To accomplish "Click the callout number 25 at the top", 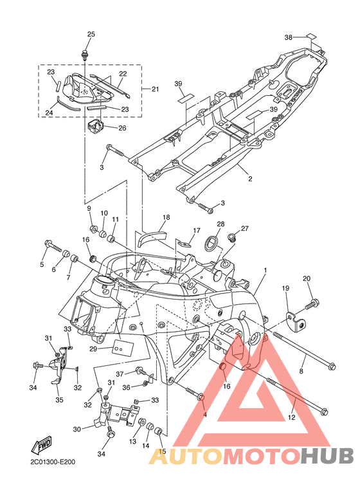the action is [x=91, y=34].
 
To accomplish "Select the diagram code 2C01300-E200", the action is [x=53, y=462].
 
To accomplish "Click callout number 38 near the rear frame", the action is [x=288, y=37].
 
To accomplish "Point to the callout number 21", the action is [x=155, y=89].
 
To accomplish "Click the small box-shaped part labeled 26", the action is [x=95, y=125].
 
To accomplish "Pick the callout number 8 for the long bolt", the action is [x=301, y=370].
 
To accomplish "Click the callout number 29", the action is [x=93, y=348].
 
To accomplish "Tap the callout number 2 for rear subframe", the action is [x=250, y=179].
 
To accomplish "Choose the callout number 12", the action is [x=291, y=417].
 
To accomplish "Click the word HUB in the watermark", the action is [x=327, y=456].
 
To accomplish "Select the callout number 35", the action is [x=59, y=400].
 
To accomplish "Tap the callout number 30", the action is [x=77, y=429].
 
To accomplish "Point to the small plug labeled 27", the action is [x=233, y=237].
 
